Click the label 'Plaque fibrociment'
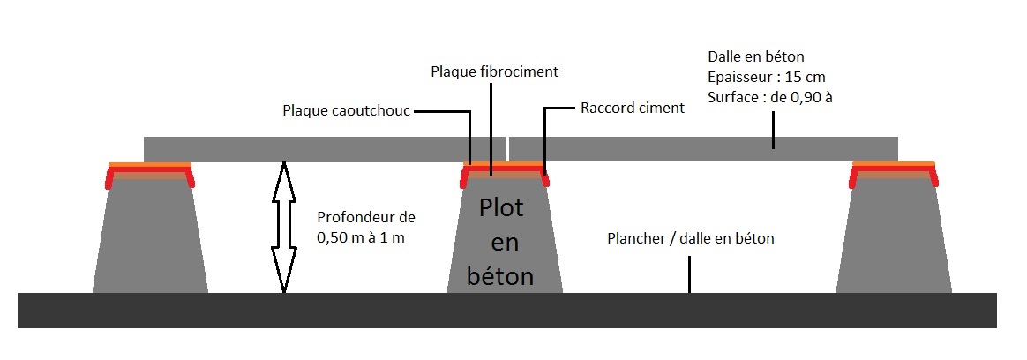495,71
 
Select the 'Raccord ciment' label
633,109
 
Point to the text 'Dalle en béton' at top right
756,57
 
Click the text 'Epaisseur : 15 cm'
767,78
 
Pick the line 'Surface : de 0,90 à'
770,98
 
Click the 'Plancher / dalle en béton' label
691,239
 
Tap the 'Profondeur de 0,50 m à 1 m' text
365,227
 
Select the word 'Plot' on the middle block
501,209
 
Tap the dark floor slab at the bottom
507,311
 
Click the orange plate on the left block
150,164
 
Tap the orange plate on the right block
894,164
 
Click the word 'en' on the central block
500,243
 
